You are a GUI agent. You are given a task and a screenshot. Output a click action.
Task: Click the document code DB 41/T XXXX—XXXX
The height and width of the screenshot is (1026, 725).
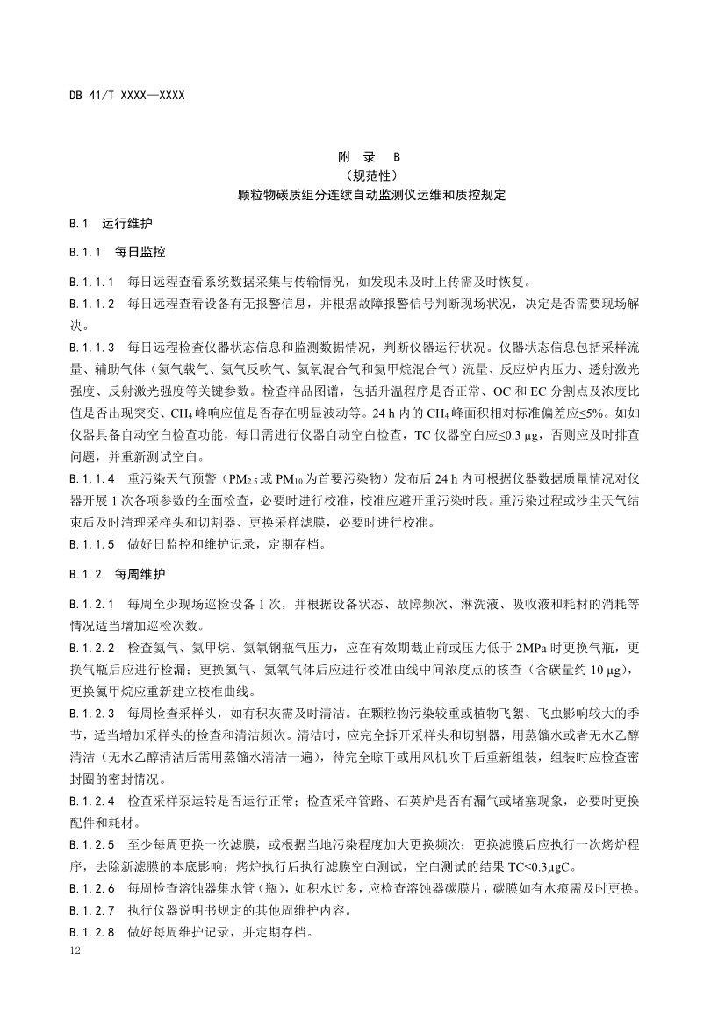(x=126, y=94)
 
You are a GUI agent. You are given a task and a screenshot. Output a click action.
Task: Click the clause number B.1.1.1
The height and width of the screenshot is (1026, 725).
(x=92, y=283)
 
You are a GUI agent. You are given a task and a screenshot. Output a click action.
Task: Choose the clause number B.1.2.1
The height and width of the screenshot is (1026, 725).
(x=92, y=604)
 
